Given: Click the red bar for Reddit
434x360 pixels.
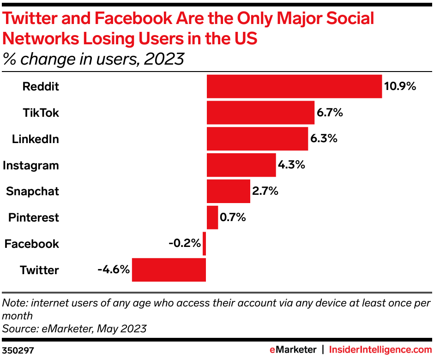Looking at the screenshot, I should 294,86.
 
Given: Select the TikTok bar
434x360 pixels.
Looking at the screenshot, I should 260,113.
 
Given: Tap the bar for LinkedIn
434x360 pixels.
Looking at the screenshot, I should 257,139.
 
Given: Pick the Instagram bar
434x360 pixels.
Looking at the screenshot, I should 241,165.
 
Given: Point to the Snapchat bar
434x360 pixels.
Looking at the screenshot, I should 228,192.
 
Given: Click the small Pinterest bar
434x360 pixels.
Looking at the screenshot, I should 212,217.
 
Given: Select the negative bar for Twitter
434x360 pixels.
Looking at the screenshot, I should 169,270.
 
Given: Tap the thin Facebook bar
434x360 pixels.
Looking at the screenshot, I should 205,244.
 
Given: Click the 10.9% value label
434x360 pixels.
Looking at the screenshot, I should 400,86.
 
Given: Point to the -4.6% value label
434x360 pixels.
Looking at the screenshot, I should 114,270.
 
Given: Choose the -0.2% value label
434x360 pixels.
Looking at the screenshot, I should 185,243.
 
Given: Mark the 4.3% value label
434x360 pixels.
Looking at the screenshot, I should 292,165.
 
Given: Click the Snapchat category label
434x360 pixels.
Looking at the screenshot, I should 32,192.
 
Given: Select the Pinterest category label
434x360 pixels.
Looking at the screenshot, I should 34,218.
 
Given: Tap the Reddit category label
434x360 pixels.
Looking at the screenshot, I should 41,86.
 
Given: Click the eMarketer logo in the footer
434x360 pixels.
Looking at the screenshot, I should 293,349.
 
